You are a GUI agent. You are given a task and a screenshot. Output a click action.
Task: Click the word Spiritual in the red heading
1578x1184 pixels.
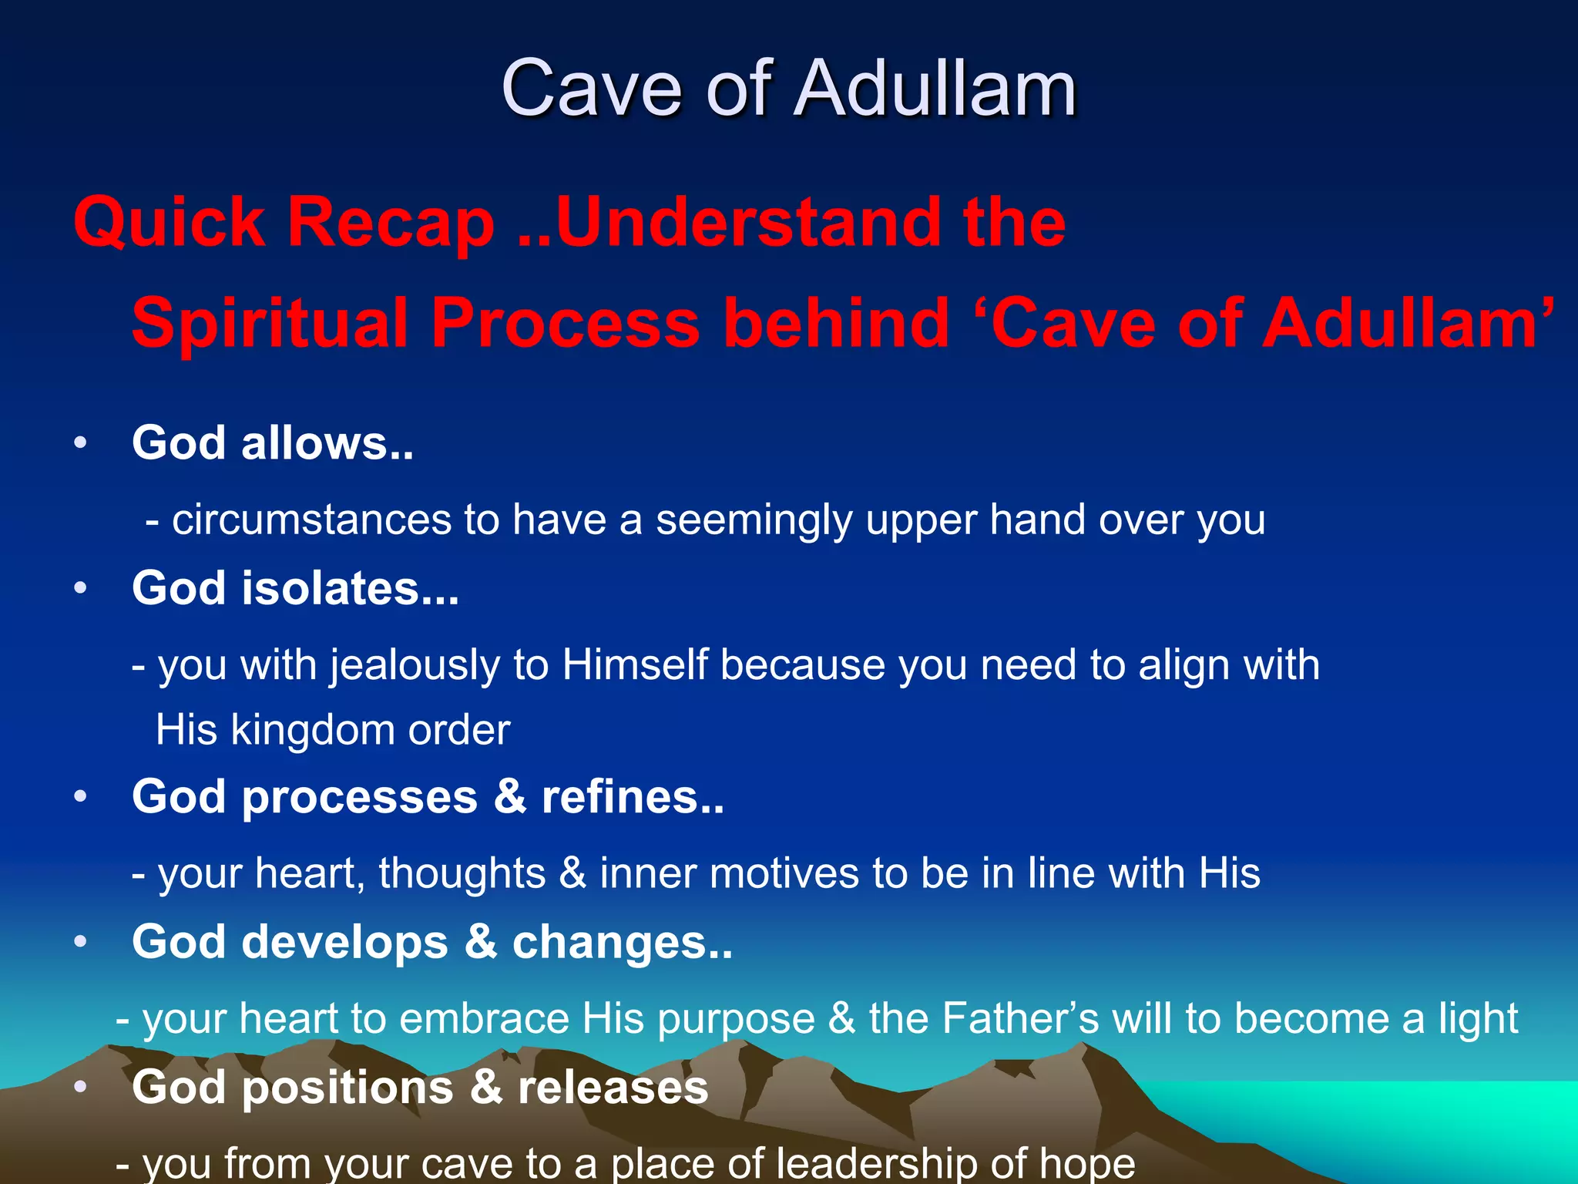click(x=269, y=323)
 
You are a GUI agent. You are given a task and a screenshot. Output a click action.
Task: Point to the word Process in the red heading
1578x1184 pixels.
click(x=565, y=323)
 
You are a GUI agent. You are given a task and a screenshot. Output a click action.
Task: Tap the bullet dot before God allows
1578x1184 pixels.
click(x=81, y=444)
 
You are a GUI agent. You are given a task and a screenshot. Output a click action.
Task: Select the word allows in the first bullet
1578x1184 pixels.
click(x=327, y=443)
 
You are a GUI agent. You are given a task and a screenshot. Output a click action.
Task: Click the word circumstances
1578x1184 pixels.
click(x=311, y=520)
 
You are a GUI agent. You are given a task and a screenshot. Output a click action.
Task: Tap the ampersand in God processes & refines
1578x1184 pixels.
click(x=509, y=796)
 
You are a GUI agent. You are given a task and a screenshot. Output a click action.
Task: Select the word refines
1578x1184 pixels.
click(x=632, y=796)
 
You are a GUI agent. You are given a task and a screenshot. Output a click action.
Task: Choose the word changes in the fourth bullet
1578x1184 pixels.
click(x=621, y=942)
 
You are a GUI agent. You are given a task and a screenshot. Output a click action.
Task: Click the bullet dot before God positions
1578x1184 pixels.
click(x=81, y=1088)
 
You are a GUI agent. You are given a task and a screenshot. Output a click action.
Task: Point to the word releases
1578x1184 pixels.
click(x=613, y=1088)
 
